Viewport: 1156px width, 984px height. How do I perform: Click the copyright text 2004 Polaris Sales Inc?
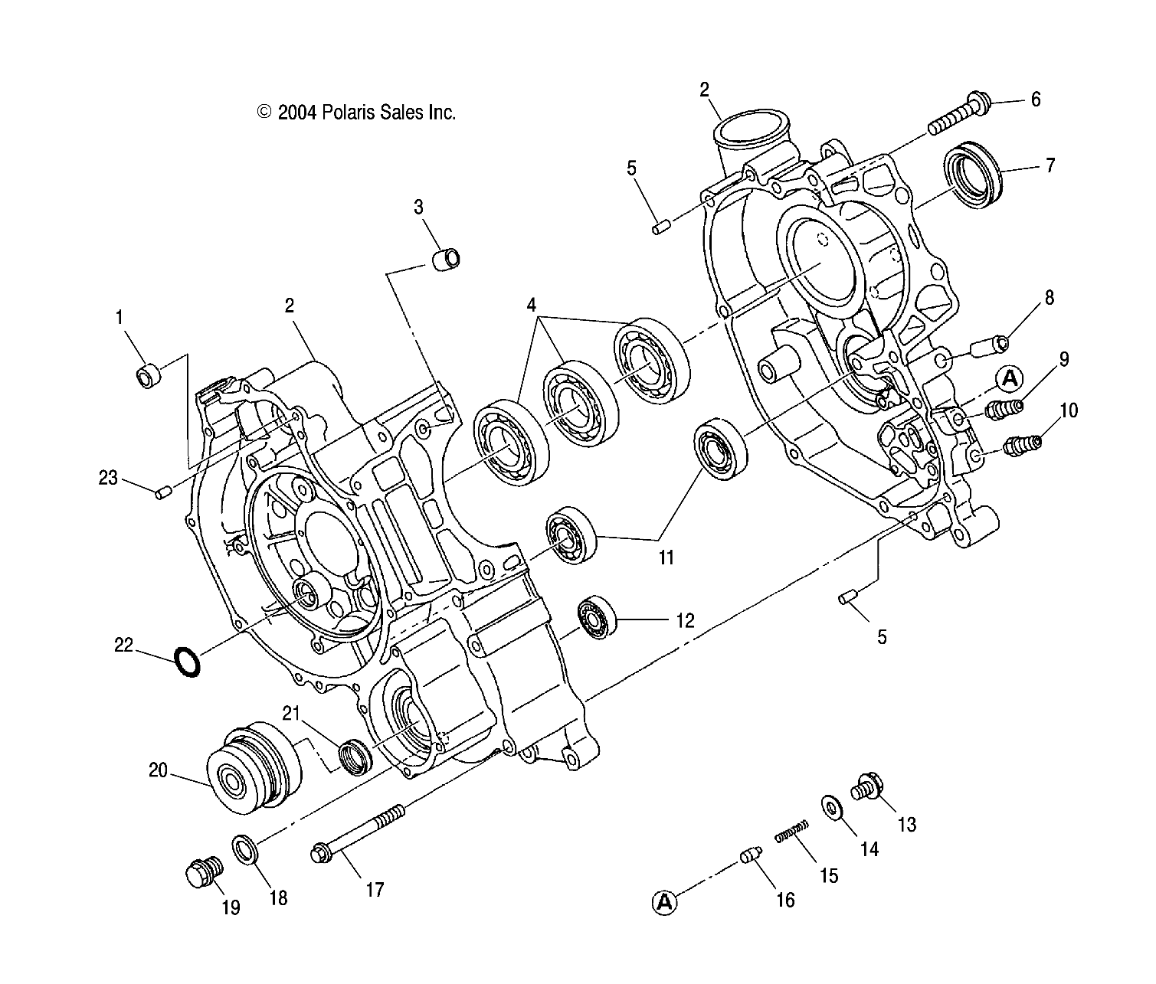357,113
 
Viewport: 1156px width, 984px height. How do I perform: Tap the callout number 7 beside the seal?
1050,165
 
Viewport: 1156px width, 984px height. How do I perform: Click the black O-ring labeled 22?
188,662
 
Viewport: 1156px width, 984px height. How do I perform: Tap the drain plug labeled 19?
204,872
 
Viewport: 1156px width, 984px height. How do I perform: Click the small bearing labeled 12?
597,616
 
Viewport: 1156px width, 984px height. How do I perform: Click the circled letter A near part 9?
1010,378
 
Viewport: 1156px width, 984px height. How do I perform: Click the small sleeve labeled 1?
149,376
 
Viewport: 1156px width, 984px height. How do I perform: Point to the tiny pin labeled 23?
162,494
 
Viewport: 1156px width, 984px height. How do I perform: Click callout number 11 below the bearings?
666,557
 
